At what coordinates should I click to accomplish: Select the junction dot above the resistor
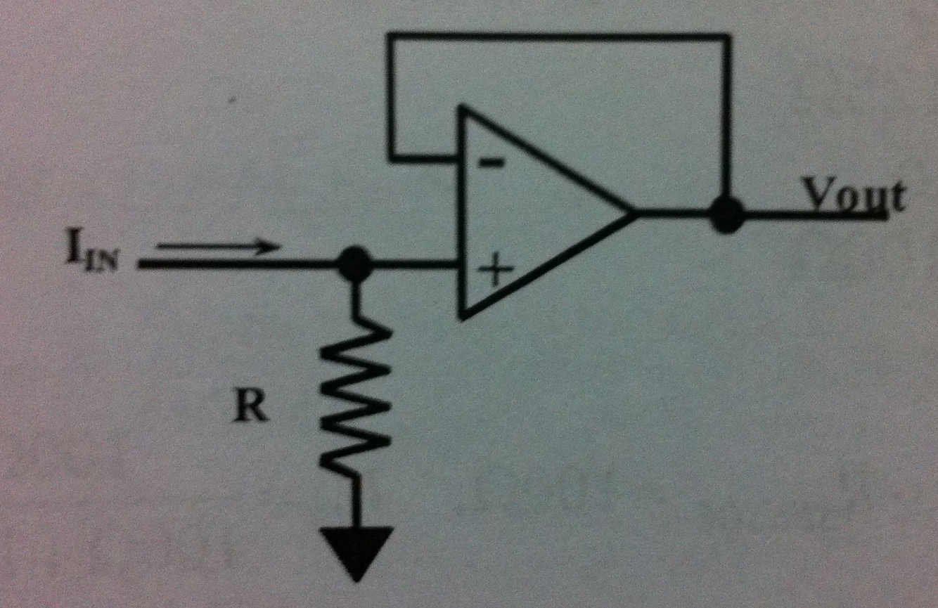click(354, 264)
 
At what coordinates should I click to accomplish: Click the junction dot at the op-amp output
click(726, 214)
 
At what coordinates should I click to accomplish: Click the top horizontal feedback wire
click(559, 35)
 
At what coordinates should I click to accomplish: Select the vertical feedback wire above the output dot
click(728, 119)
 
